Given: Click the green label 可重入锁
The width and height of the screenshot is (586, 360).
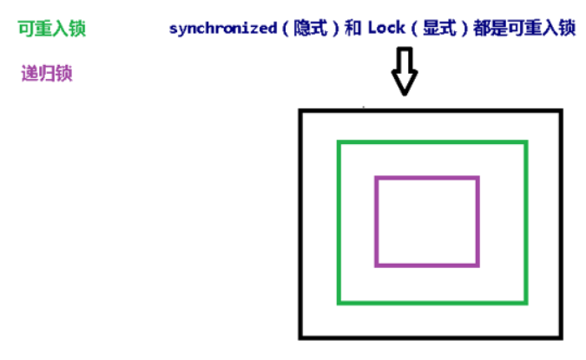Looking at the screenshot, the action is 51,29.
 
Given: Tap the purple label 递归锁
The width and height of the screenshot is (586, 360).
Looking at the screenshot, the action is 46,73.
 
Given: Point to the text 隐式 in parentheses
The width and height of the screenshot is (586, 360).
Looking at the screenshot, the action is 303,28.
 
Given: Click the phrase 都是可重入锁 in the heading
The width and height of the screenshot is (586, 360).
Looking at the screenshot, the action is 527,28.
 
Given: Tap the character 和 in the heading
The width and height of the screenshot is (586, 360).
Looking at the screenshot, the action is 348,28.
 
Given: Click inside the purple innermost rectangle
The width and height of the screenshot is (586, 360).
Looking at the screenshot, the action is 427,221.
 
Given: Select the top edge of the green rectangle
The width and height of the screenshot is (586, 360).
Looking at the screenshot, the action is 431,142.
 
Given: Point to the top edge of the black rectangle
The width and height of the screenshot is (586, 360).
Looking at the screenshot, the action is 431,111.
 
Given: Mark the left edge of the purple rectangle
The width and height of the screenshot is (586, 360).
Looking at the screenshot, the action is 377,221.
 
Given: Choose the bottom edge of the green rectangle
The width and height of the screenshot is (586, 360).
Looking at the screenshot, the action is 431,302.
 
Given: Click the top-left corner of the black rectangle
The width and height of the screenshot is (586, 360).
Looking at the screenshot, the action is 300,111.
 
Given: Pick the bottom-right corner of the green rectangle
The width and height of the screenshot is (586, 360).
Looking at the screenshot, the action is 525,302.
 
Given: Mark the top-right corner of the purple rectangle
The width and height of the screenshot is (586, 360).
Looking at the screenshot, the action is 477,179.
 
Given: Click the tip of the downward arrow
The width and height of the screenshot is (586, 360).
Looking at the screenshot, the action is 404,93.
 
